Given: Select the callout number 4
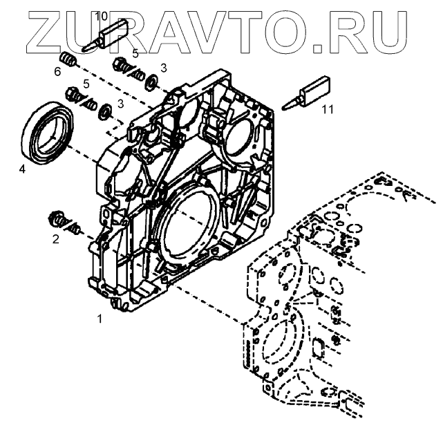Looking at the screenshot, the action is coord(22,168).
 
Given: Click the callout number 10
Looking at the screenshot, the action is coord(100,15).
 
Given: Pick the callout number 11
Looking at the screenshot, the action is coord(326,109).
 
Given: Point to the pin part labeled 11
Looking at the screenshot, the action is coord(310,92).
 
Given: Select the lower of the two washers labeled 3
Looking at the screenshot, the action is coord(106,110).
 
